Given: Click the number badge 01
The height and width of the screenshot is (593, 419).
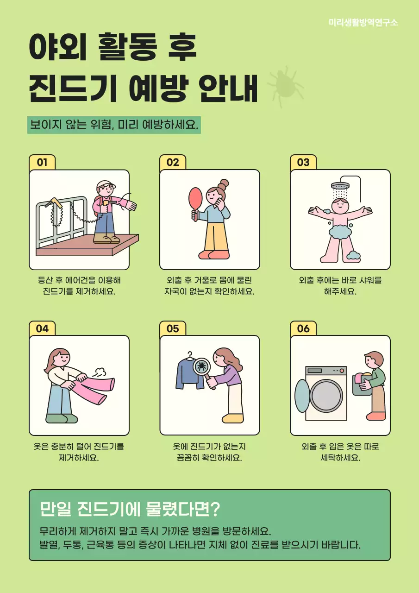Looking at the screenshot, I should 42,162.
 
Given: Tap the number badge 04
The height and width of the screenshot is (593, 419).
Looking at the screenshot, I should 42,328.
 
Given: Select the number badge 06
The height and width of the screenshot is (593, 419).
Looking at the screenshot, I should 303,328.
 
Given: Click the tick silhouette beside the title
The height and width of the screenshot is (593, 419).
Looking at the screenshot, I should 285,87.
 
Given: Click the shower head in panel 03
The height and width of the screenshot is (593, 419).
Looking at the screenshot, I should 340,186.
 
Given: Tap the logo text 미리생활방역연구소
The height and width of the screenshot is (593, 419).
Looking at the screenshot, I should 363,22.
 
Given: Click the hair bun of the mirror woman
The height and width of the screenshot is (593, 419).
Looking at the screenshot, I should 225,183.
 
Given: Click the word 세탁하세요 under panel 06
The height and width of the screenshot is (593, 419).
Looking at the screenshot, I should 340,458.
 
